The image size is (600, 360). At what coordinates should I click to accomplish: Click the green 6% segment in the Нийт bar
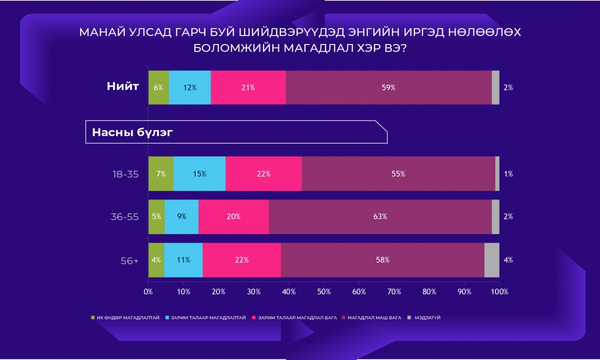coord(158,87)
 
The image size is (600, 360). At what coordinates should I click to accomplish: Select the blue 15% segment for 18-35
coord(199,173)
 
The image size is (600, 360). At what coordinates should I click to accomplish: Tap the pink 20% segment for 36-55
coord(233,216)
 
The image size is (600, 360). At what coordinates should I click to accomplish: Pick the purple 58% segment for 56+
coord(382,260)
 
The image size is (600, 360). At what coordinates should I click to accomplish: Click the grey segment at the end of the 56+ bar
coord(492,260)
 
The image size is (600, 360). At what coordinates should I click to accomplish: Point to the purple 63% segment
coord(380,216)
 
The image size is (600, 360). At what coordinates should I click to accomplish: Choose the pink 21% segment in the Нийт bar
coord(248,87)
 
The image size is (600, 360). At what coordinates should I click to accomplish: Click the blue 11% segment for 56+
coord(183,260)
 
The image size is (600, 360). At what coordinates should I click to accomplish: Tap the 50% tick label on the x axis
coord(324,291)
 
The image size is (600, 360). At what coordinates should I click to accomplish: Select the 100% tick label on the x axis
coord(499,291)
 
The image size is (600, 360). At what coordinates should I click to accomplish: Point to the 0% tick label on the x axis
coord(148,291)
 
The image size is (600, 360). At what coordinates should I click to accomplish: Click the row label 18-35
coord(125,174)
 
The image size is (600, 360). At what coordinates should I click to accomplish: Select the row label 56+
coord(129,260)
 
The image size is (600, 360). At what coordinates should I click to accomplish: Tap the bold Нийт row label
coord(122,86)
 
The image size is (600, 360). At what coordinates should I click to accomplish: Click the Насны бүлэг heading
coord(132,132)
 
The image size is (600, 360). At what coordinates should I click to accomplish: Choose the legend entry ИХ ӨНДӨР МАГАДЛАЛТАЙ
coord(125,317)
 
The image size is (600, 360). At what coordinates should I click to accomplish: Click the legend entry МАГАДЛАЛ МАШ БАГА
coord(371,317)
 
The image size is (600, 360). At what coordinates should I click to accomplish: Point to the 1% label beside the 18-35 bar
coord(508,174)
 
